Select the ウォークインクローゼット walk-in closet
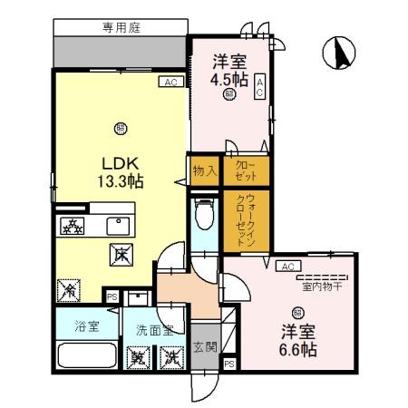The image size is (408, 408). [245, 220]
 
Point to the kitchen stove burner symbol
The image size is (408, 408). [72, 226]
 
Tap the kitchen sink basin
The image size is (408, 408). [119, 226]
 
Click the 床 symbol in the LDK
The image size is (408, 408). [119, 257]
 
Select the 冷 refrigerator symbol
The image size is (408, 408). [68, 291]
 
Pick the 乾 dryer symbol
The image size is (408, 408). [139, 358]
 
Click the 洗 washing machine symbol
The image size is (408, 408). [170, 358]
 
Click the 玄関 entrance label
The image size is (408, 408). [204, 345]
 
